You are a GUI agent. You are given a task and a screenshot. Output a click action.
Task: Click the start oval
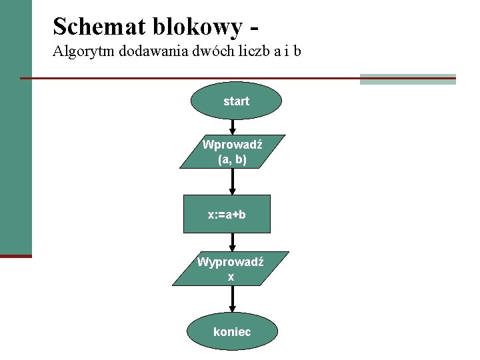pos(236,101)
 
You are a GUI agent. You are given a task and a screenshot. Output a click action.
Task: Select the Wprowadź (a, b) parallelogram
pos(232,152)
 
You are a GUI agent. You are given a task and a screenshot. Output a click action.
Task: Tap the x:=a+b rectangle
pos(227,214)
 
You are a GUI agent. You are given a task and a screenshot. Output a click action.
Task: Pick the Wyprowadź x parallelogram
pos(231,269)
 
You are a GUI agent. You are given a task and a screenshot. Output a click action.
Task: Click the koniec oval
pos(232,331)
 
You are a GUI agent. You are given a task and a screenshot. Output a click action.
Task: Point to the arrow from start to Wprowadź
pos(232,127)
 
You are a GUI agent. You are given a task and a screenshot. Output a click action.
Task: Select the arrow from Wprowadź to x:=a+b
pos(232,181)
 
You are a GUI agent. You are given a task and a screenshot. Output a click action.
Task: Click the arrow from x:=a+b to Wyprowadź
pos(232,242)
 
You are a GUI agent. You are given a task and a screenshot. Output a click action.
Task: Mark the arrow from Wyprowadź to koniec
pos(232,299)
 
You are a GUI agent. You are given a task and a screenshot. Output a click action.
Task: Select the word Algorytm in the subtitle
pos(83,51)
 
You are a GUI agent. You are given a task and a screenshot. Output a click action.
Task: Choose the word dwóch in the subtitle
pos(209,51)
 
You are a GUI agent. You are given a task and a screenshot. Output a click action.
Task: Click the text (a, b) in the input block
pos(232,160)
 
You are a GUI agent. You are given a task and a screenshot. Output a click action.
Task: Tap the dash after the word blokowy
pos(253,28)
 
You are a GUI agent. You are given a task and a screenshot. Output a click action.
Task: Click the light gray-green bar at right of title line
pos(407,79)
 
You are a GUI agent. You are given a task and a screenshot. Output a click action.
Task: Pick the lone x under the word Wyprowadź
pos(231,277)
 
